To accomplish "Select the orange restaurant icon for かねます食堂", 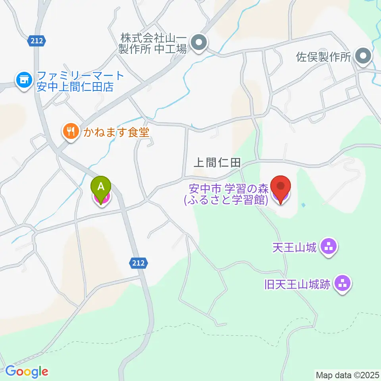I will tap(71, 131).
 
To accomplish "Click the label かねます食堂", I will tap(116, 132).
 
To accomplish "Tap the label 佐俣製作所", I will tap(324, 57).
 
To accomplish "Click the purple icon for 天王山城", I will tap(329, 248).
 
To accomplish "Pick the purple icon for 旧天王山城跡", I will tap(342, 284).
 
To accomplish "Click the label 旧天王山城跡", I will tap(297, 284).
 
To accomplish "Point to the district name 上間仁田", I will tap(217, 162).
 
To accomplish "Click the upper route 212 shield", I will tap(38, 40).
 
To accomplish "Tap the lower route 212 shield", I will tap(139, 262).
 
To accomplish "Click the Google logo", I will tap(26, 372).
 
